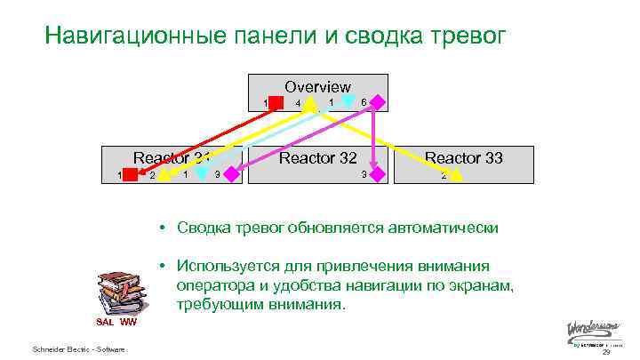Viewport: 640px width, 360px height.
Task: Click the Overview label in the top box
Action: [317, 87]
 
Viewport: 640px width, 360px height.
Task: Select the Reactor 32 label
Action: [317, 158]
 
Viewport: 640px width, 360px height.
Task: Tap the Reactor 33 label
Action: [463, 158]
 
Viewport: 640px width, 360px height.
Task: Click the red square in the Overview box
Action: [276, 103]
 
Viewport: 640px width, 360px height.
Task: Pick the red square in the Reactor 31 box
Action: [131, 174]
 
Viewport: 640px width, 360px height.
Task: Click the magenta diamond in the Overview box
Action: [378, 102]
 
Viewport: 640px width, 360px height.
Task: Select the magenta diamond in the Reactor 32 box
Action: [378, 174]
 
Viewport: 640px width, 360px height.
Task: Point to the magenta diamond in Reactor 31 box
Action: [232, 174]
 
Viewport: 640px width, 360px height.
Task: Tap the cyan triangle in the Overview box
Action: [348, 101]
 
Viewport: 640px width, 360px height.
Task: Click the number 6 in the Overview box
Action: [364, 102]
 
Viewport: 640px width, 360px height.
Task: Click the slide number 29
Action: [606, 352]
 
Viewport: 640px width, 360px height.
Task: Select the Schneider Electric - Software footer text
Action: [78, 348]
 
